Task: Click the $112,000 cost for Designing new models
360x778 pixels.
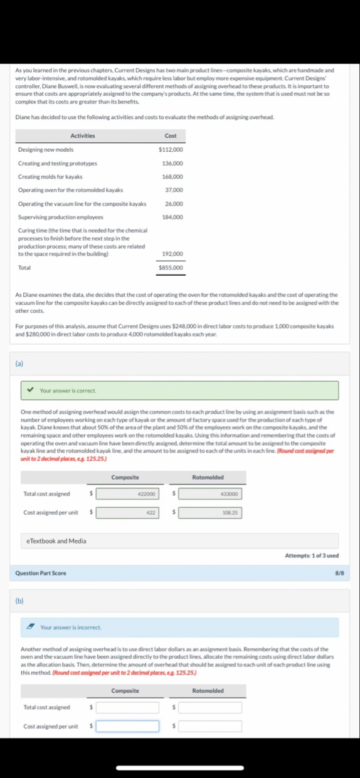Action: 171,150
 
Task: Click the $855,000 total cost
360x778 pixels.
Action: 171,268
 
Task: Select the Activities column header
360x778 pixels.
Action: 83,136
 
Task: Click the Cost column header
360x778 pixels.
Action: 171,136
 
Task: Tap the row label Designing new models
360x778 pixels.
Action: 46,150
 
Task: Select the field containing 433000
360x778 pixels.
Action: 210,494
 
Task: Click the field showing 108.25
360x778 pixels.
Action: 210,513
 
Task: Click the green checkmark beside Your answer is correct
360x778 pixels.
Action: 30,391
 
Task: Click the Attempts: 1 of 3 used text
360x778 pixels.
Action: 312,555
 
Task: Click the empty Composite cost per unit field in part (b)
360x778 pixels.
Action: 127,726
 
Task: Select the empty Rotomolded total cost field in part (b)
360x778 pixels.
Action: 210,707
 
